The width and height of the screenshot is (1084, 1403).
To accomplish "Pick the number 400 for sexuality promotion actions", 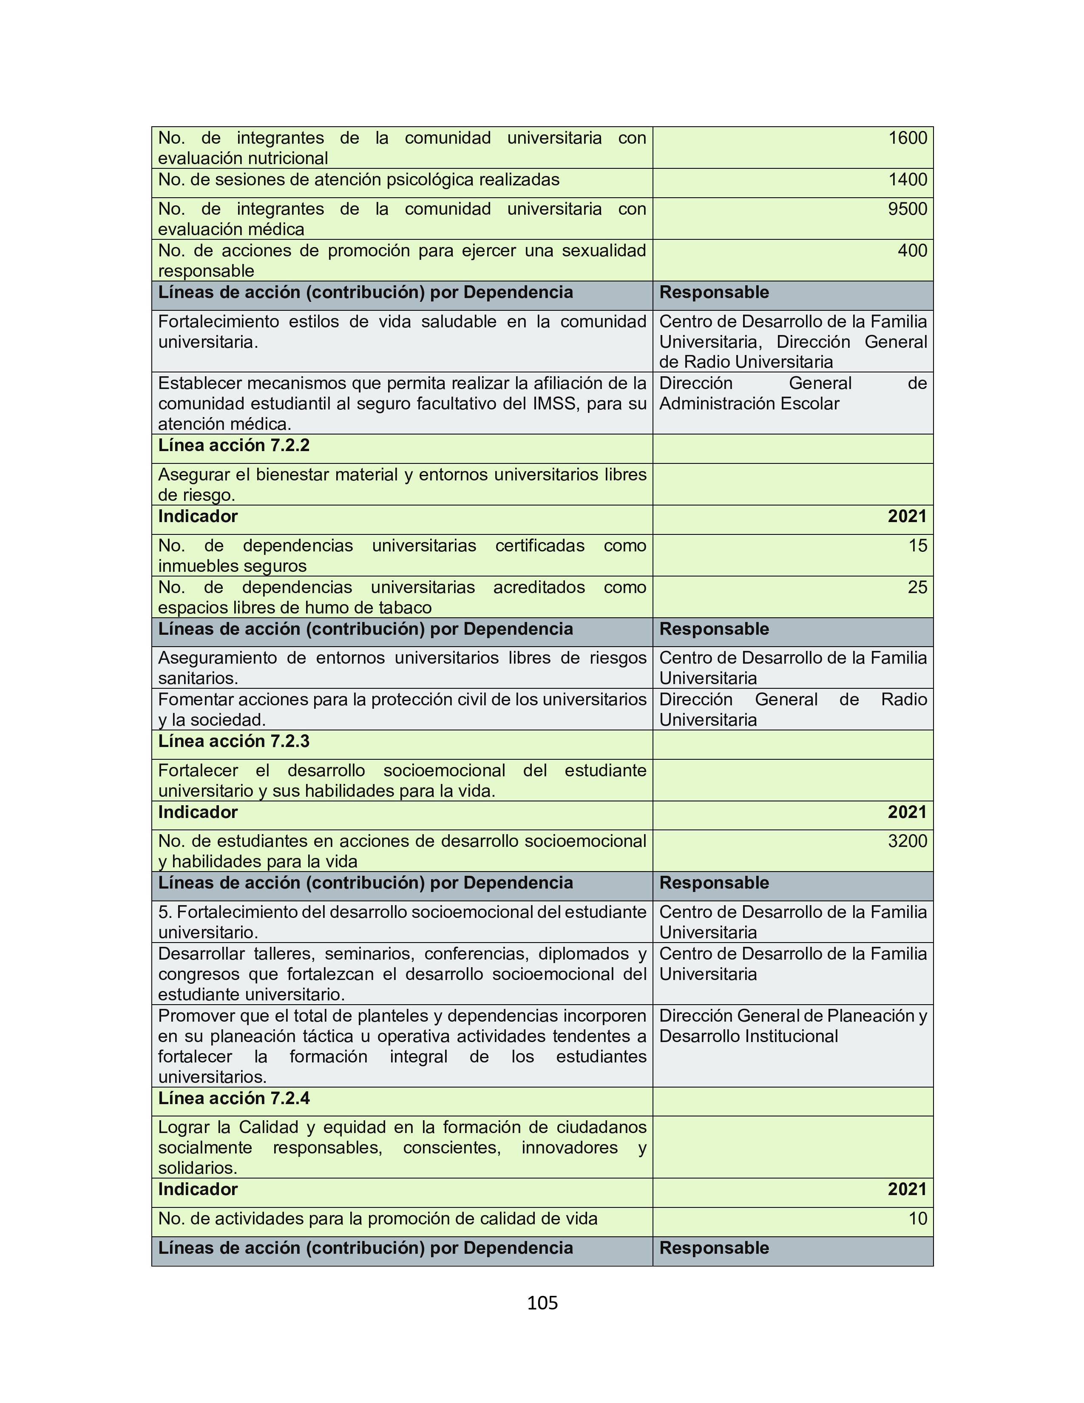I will tap(912, 250).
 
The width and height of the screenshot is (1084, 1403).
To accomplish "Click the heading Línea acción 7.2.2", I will tap(234, 446).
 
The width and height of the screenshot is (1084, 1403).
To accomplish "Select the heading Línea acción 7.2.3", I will tap(234, 741).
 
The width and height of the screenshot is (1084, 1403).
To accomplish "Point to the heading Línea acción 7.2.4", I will tap(234, 1099).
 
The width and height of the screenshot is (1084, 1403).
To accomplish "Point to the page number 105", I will tap(542, 1303).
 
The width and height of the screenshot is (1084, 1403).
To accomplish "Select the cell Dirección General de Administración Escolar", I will tap(792, 393).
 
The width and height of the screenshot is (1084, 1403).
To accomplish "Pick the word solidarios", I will tap(198, 1168).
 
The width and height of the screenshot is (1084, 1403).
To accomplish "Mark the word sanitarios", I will tap(198, 679).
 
